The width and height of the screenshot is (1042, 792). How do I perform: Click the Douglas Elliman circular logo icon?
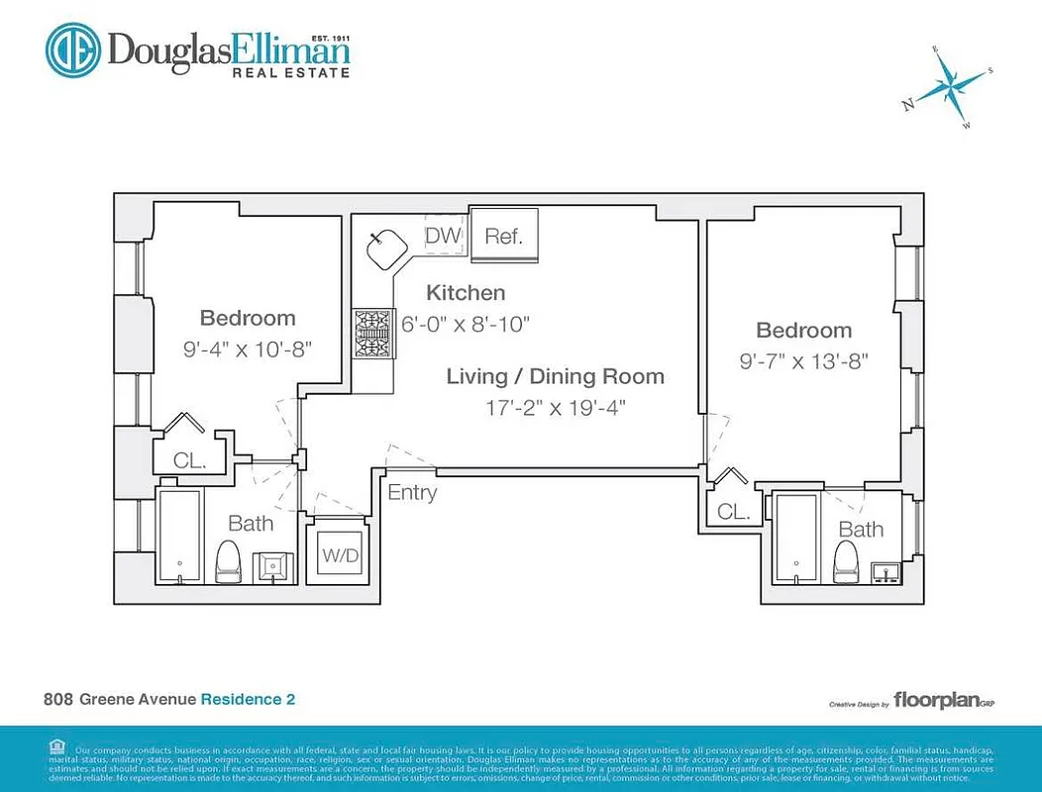[x=73, y=50]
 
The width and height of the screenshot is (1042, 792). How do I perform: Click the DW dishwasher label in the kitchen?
[x=443, y=236]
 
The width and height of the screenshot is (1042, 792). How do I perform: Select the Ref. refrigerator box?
[x=503, y=238]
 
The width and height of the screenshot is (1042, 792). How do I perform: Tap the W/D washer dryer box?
[x=340, y=556]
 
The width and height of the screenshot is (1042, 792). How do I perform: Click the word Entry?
[x=412, y=492]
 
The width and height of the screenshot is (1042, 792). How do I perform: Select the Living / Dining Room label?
[x=555, y=376]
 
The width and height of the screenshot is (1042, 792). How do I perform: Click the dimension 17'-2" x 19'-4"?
[x=555, y=407]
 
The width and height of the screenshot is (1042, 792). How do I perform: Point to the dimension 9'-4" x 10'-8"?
[x=248, y=348]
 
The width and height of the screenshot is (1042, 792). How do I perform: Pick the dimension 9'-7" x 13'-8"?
[x=804, y=361]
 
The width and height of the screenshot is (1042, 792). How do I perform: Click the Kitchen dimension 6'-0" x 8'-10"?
[x=466, y=323]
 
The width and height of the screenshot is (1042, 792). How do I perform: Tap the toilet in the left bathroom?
[x=229, y=561]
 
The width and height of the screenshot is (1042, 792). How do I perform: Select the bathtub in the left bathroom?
[x=180, y=535]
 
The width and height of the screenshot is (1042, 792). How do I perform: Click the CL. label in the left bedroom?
[x=188, y=460]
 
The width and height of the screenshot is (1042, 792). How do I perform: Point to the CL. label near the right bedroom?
[x=733, y=512]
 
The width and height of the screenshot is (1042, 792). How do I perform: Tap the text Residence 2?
[x=248, y=699]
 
